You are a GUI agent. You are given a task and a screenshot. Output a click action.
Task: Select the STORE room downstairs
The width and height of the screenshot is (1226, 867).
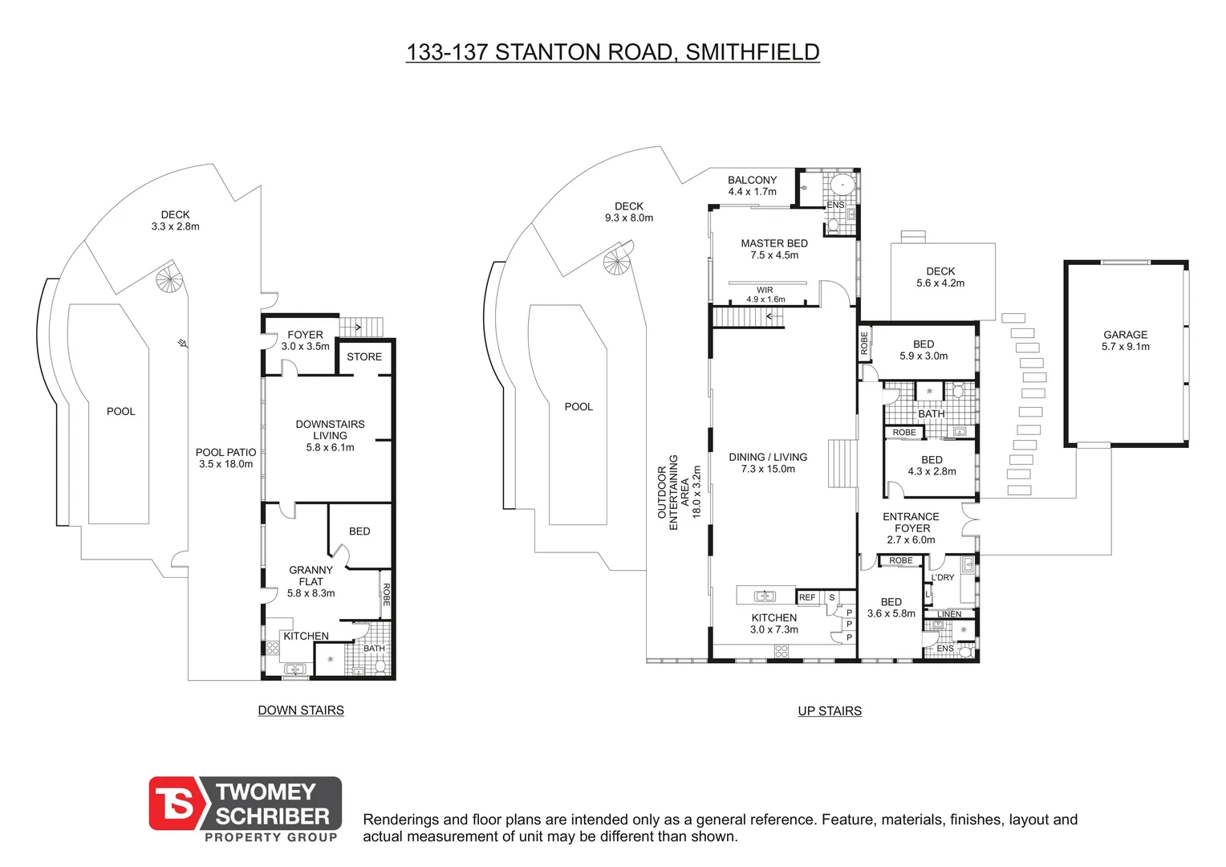(x=364, y=357)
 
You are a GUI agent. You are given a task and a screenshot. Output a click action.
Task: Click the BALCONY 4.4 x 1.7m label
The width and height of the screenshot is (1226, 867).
(x=752, y=185)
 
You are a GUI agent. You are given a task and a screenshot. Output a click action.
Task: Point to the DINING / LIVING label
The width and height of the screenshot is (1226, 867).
(x=768, y=462)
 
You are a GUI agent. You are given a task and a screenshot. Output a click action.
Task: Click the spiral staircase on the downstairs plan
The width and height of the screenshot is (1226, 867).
(x=170, y=280)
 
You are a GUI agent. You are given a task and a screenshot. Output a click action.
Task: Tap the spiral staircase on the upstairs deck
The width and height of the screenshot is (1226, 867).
(x=618, y=261)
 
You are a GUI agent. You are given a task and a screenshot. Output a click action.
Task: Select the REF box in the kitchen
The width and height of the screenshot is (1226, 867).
(x=807, y=597)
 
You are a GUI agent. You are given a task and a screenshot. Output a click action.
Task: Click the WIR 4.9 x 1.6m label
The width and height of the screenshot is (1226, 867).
(x=765, y=295)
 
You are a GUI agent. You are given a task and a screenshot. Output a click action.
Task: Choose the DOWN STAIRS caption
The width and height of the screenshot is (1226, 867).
(x=301, y=710)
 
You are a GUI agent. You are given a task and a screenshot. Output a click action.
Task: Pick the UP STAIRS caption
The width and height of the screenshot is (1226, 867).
(x=830, y=711)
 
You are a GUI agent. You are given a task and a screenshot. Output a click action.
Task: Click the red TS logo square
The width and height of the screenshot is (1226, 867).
(x=174, y=804)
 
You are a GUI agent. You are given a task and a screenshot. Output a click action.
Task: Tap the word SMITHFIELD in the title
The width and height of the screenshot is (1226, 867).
(x=752, y=52)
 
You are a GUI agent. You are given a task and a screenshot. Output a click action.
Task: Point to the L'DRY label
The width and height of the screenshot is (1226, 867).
(x=943, y=577)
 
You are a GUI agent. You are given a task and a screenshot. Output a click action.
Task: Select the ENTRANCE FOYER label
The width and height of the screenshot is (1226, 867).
(x=911, y=528)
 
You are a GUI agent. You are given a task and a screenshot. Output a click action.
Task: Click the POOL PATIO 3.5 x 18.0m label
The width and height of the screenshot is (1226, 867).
(x=225, y=458)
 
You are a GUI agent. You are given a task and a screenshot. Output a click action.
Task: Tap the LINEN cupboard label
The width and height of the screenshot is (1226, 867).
(x=949, y=614)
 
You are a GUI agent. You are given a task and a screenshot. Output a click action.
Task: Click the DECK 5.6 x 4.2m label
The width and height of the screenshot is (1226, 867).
(x=940, y=277)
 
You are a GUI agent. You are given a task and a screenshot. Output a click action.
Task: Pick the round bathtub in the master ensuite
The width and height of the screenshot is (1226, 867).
(x=842, y=185)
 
